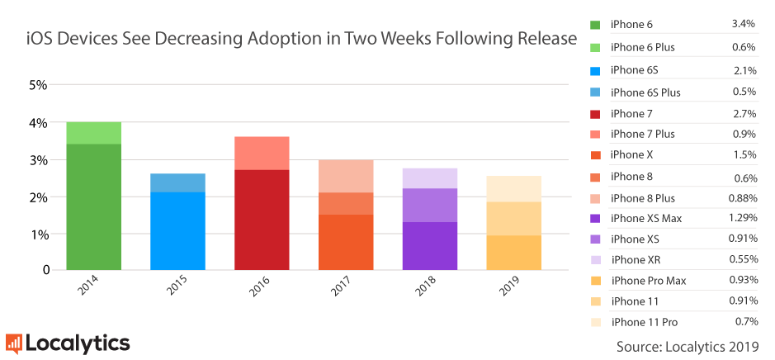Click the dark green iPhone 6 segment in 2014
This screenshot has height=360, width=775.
pyautogui.click(x=93, y=206)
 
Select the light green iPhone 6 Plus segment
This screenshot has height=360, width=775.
pyautogui.click(x=93, y=133)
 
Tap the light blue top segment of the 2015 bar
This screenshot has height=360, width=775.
pyautogui.click(x=177, y=182)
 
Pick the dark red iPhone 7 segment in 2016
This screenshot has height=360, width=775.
pyautogui.click(x=262, y=220)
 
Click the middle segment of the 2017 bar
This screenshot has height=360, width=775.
pyautogui.click(x=346, y=203)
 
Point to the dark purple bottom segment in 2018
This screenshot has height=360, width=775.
pyautogui.click(x=430, y=246)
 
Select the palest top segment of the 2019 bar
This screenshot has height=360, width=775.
pyautogui.click(x=513, y=188)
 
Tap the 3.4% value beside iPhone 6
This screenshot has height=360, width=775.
pyautogui.click(x=744, y=24)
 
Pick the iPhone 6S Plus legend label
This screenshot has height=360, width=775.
pyautogui.click(x=645, y=92)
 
